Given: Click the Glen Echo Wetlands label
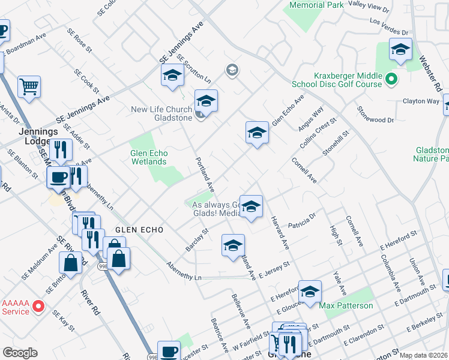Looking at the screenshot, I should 149,157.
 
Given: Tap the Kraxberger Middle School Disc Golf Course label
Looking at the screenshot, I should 348,80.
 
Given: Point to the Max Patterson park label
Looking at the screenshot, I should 346,306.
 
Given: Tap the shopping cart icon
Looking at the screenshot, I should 28,87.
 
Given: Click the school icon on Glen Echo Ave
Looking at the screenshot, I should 257,133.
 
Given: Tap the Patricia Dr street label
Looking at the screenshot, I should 303,220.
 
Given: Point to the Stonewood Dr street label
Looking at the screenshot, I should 375,115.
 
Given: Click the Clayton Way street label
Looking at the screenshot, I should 421,101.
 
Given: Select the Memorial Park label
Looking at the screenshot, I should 316,5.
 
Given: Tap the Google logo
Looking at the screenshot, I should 20,353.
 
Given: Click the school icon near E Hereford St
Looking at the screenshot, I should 310,292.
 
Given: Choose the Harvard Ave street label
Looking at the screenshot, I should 279,233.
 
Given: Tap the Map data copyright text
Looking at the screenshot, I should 423,355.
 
